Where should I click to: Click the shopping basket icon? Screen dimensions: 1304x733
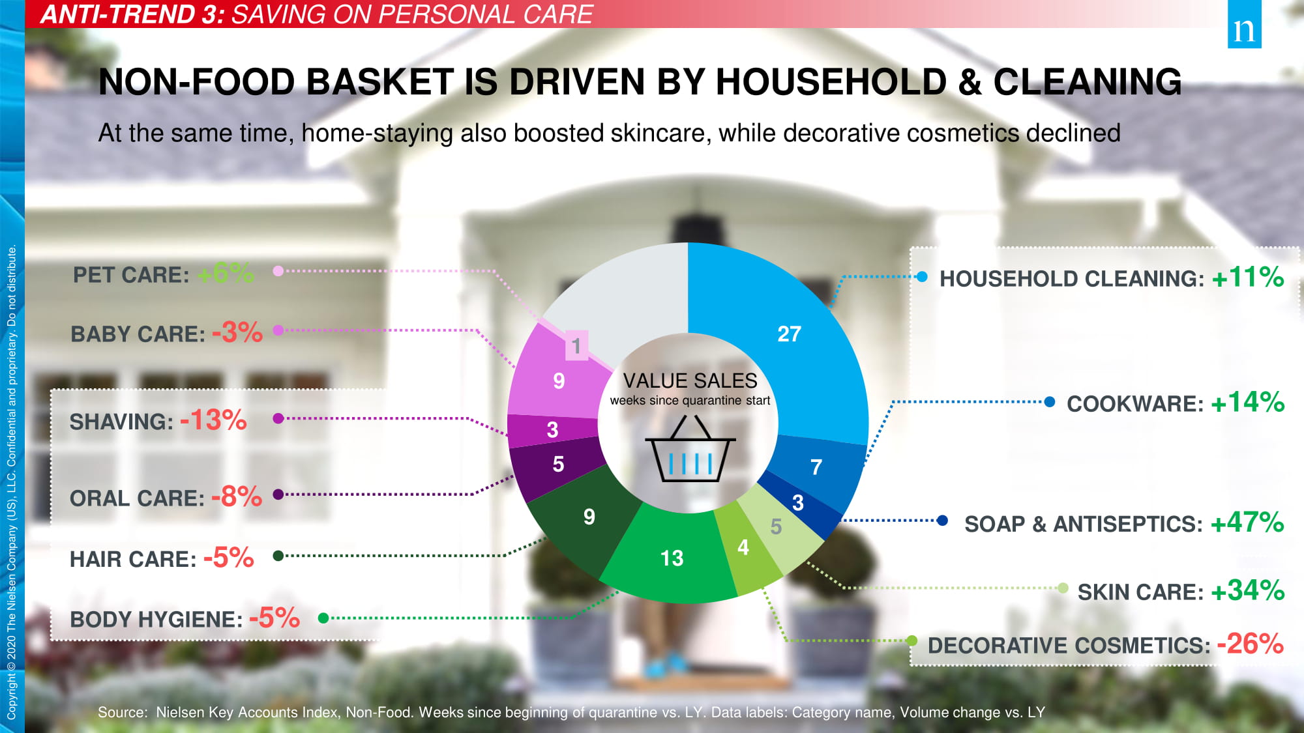pyautogui.click(x=690, y=449)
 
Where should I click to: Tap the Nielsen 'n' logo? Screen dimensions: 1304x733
pyautogui.click(x=1244, y=24)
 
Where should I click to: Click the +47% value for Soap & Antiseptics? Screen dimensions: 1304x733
pyautogui.click(x=1247, y=523)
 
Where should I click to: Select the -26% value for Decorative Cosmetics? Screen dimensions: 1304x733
pyautogui.click(x=1250, y=644)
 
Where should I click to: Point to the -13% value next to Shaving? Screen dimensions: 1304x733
pyautogui.click(x=213, y=420)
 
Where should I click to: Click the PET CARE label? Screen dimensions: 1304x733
pyautogui.click(x=131, y=275)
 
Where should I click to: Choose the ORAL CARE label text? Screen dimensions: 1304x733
pyautogui.click(x=138, y=498)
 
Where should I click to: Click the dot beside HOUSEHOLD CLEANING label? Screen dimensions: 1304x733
pyautogui.click(x=922, y=277)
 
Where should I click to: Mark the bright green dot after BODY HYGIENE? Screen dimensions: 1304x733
pyautogui.click(x=323, y=618)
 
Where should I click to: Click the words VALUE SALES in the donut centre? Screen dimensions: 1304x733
pyautogui.click(x=690, y=381)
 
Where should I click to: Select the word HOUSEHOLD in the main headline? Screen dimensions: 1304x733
pyautogui.click(x=831, y=82)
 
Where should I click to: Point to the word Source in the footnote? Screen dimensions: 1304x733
pyautogui.click(x=123, y=712)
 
